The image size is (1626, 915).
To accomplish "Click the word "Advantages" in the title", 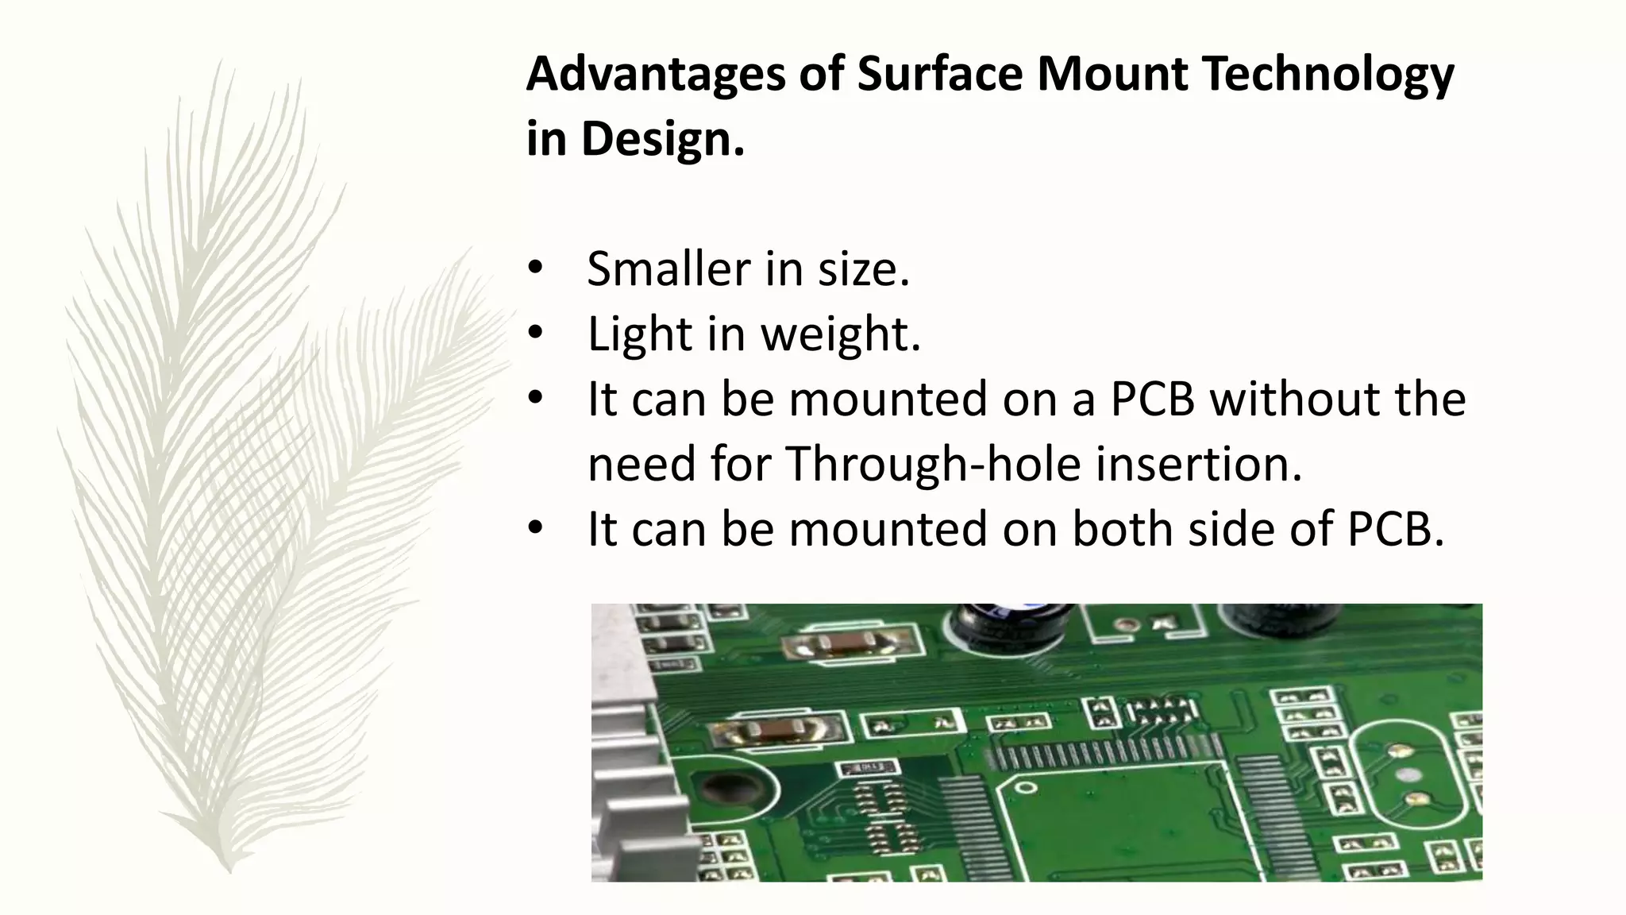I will [655, 75].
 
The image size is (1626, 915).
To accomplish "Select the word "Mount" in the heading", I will [1112, 73].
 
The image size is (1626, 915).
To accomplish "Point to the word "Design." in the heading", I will [663, 140].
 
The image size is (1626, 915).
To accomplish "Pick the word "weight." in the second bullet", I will [841, 334].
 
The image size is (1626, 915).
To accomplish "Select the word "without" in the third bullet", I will [1295, 399].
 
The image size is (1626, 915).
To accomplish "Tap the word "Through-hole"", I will [933, 464].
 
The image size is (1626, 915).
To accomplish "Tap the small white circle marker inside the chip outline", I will [1026, 787].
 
